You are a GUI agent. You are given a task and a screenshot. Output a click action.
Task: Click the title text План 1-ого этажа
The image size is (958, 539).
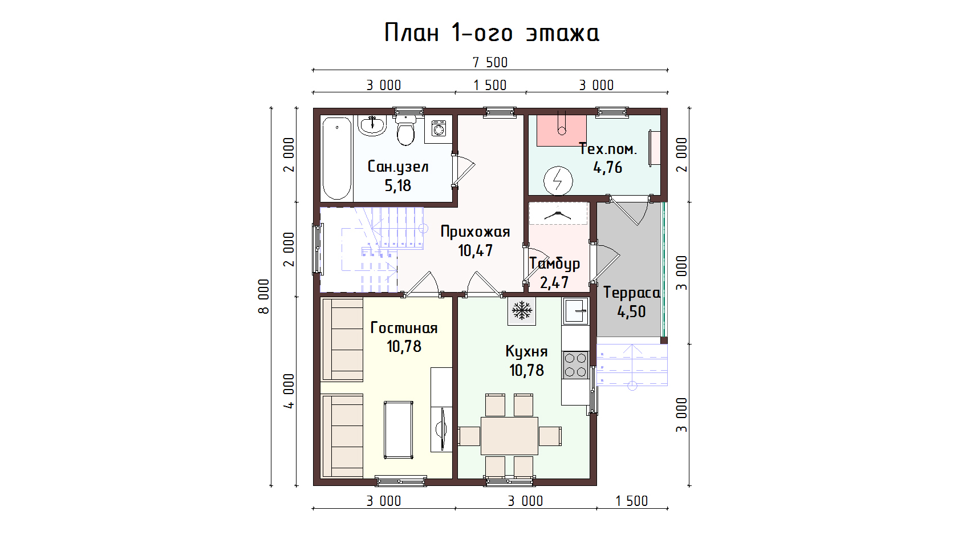coord(492,33)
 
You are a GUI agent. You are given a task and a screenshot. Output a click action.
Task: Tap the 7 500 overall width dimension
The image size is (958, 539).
coord(490,63)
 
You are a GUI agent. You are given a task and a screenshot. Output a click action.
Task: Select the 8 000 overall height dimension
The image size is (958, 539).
coord(264,297)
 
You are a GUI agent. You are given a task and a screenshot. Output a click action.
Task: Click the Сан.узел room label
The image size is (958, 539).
coord(398,167)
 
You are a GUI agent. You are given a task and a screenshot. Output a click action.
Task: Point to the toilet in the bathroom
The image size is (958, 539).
coord(405,129)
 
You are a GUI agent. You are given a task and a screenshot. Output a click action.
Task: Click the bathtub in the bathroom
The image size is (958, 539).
coord(337,159)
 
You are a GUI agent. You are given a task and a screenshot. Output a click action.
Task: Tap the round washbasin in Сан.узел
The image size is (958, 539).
coord(372,125)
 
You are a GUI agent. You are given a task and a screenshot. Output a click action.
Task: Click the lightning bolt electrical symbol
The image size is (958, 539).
coord(558,180)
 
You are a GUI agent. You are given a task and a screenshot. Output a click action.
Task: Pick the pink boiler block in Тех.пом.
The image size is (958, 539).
coord(562,131)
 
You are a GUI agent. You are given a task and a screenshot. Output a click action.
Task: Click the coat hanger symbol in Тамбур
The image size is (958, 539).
coord(558,213)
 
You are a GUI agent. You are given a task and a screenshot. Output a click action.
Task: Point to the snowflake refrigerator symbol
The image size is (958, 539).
coord(522,310)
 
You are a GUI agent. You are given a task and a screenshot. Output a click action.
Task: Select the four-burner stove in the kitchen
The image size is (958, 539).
coord(575,365)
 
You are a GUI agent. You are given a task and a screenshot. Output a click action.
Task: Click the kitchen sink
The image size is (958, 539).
coord(576,311)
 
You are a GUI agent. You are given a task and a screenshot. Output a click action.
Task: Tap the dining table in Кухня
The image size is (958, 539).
coord(509,436)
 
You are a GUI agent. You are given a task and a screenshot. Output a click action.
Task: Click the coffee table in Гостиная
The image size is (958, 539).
coord(399,429)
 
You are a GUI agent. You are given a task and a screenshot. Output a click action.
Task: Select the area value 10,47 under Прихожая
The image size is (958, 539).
coord(475,250)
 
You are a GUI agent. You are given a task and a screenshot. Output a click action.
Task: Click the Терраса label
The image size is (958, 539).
coord(632,293)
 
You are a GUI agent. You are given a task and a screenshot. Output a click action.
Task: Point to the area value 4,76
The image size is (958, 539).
coord(607,168)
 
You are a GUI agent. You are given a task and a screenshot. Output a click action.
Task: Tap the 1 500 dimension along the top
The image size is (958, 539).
coord(490,85)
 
